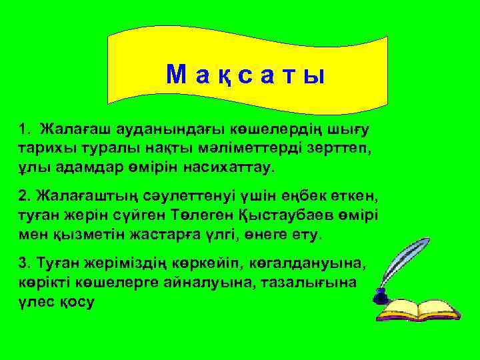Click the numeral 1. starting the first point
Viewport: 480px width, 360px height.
(x=25, y=127)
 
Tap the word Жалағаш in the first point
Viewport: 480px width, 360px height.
(x=67, y=127)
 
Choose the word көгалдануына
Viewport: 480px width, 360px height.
(x=309, y=261)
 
